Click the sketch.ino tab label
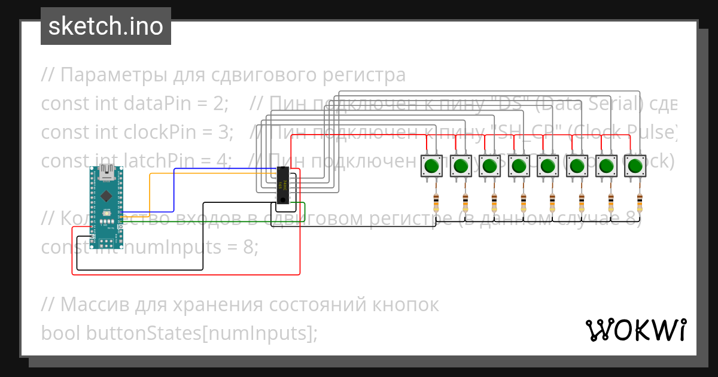coord(106,26)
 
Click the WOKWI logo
coord(635,330)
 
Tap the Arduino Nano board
coord(107,206)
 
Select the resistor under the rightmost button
coord(640,203)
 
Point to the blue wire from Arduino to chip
coord(174,191)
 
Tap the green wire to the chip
coord(209,221)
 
